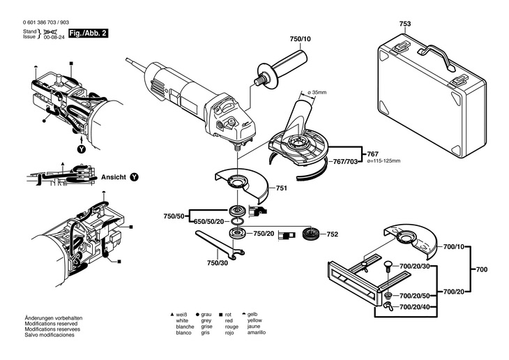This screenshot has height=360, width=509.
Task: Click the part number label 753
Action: tap(405, 24)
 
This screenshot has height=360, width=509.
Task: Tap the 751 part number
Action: tap(282, 188)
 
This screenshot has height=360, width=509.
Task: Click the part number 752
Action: tap(332, 234)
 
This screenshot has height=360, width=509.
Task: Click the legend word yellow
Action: tap(250, 320)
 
